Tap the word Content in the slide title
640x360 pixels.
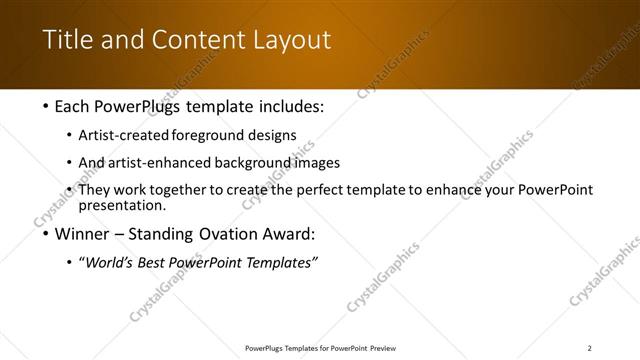tap(197, 40)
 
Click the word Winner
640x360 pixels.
tap(75, 236)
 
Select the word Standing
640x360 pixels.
tap(160, 236)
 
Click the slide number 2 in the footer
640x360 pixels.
tap(590, 347)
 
